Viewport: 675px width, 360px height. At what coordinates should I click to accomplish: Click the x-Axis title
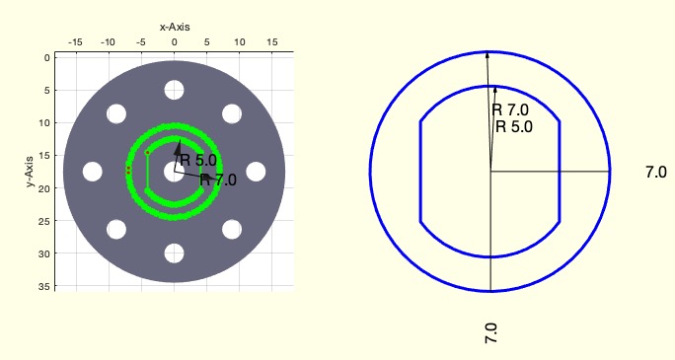175,27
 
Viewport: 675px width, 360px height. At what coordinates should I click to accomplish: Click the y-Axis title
30,172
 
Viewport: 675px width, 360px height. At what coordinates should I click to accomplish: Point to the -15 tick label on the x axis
75,42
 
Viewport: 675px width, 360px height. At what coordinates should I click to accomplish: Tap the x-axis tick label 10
240,42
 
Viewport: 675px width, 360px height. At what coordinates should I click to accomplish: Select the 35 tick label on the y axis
45,286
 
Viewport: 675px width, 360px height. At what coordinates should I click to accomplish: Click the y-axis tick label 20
45,188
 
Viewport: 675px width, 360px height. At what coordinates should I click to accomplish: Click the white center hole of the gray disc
174,172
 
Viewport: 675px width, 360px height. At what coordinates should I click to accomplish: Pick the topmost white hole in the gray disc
174,90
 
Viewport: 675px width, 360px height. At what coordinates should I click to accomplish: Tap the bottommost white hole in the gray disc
174,253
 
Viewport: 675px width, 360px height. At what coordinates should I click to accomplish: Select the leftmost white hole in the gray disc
92,172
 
